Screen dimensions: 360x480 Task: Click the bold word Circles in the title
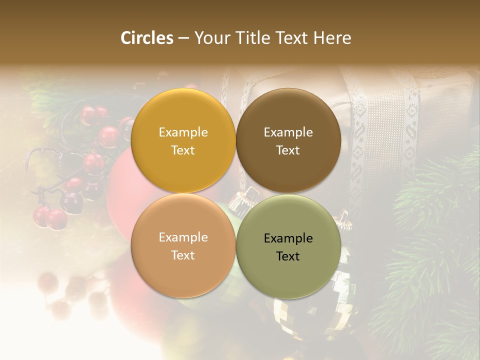click(x=147, y=38)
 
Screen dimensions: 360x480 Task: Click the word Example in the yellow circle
click(x=183, y=132)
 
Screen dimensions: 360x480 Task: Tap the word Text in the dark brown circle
click(x=288, y=150)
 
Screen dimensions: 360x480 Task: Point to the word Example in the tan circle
click(x=183, y=237)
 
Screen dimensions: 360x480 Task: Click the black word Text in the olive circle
click(x=288, y=256)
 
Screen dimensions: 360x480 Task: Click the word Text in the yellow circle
click(x=183, y=150)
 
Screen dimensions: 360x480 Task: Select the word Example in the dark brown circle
click(x=288, y=132)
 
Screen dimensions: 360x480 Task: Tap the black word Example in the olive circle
click(x=288, y=238)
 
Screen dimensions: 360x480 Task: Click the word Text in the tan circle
click(x=183, y=255)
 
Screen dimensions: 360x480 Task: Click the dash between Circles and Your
click(x=183, y=38)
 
